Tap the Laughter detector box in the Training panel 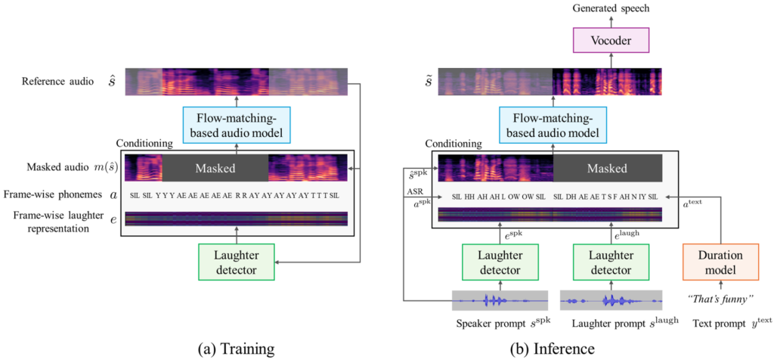pos(236,260)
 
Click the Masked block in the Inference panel pos(608,168)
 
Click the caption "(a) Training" pos(235,348)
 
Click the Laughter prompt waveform pos(610,300)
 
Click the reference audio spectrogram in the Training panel pos(236,82)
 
